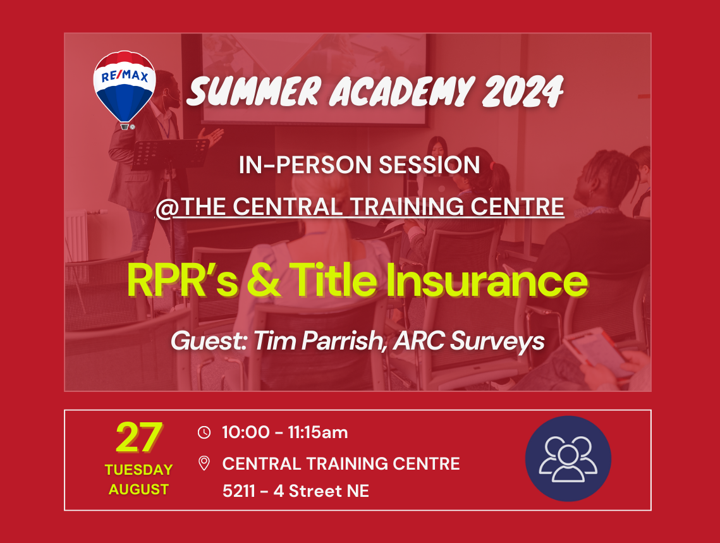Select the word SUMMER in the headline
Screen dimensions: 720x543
253,91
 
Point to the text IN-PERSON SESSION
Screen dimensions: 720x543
360,165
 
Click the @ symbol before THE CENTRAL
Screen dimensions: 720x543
167,207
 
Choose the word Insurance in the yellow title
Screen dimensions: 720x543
487,280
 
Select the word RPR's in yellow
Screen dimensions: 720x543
182,280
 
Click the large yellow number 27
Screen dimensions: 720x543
138,437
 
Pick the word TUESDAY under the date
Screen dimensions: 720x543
138,470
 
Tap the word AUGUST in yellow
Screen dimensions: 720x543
138,489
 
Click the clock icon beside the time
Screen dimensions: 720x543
204,432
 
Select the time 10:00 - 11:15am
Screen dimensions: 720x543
285,432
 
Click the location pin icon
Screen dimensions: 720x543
204,463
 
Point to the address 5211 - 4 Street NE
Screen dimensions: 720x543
296,491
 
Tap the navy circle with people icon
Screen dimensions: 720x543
568,458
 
